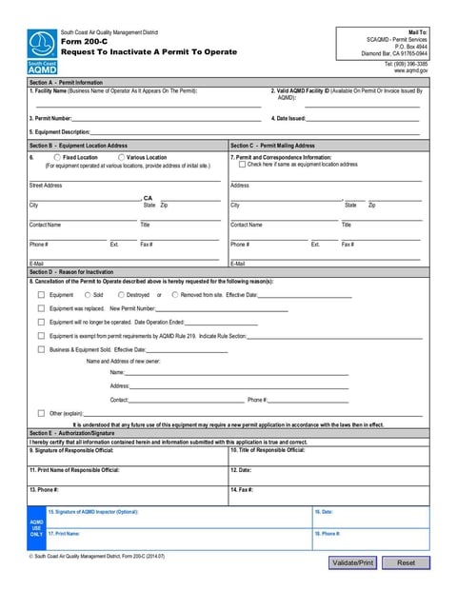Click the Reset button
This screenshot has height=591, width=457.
point(406,562)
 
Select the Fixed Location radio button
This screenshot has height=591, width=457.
point(57,157)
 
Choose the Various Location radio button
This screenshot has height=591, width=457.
point(121,157)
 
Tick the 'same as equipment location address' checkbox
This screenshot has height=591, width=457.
point(242,164)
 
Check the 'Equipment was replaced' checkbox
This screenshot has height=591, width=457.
point(41,308)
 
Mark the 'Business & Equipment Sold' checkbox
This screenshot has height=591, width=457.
point(41,349)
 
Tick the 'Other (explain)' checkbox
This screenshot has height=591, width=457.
point(41,413)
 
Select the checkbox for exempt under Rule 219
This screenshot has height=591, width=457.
point(41,336)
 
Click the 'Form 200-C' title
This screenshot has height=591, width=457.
point(83,41)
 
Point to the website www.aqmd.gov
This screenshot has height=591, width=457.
point(410,70)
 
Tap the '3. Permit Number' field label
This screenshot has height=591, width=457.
point(50,118)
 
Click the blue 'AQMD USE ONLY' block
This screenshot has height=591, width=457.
point(36,528)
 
